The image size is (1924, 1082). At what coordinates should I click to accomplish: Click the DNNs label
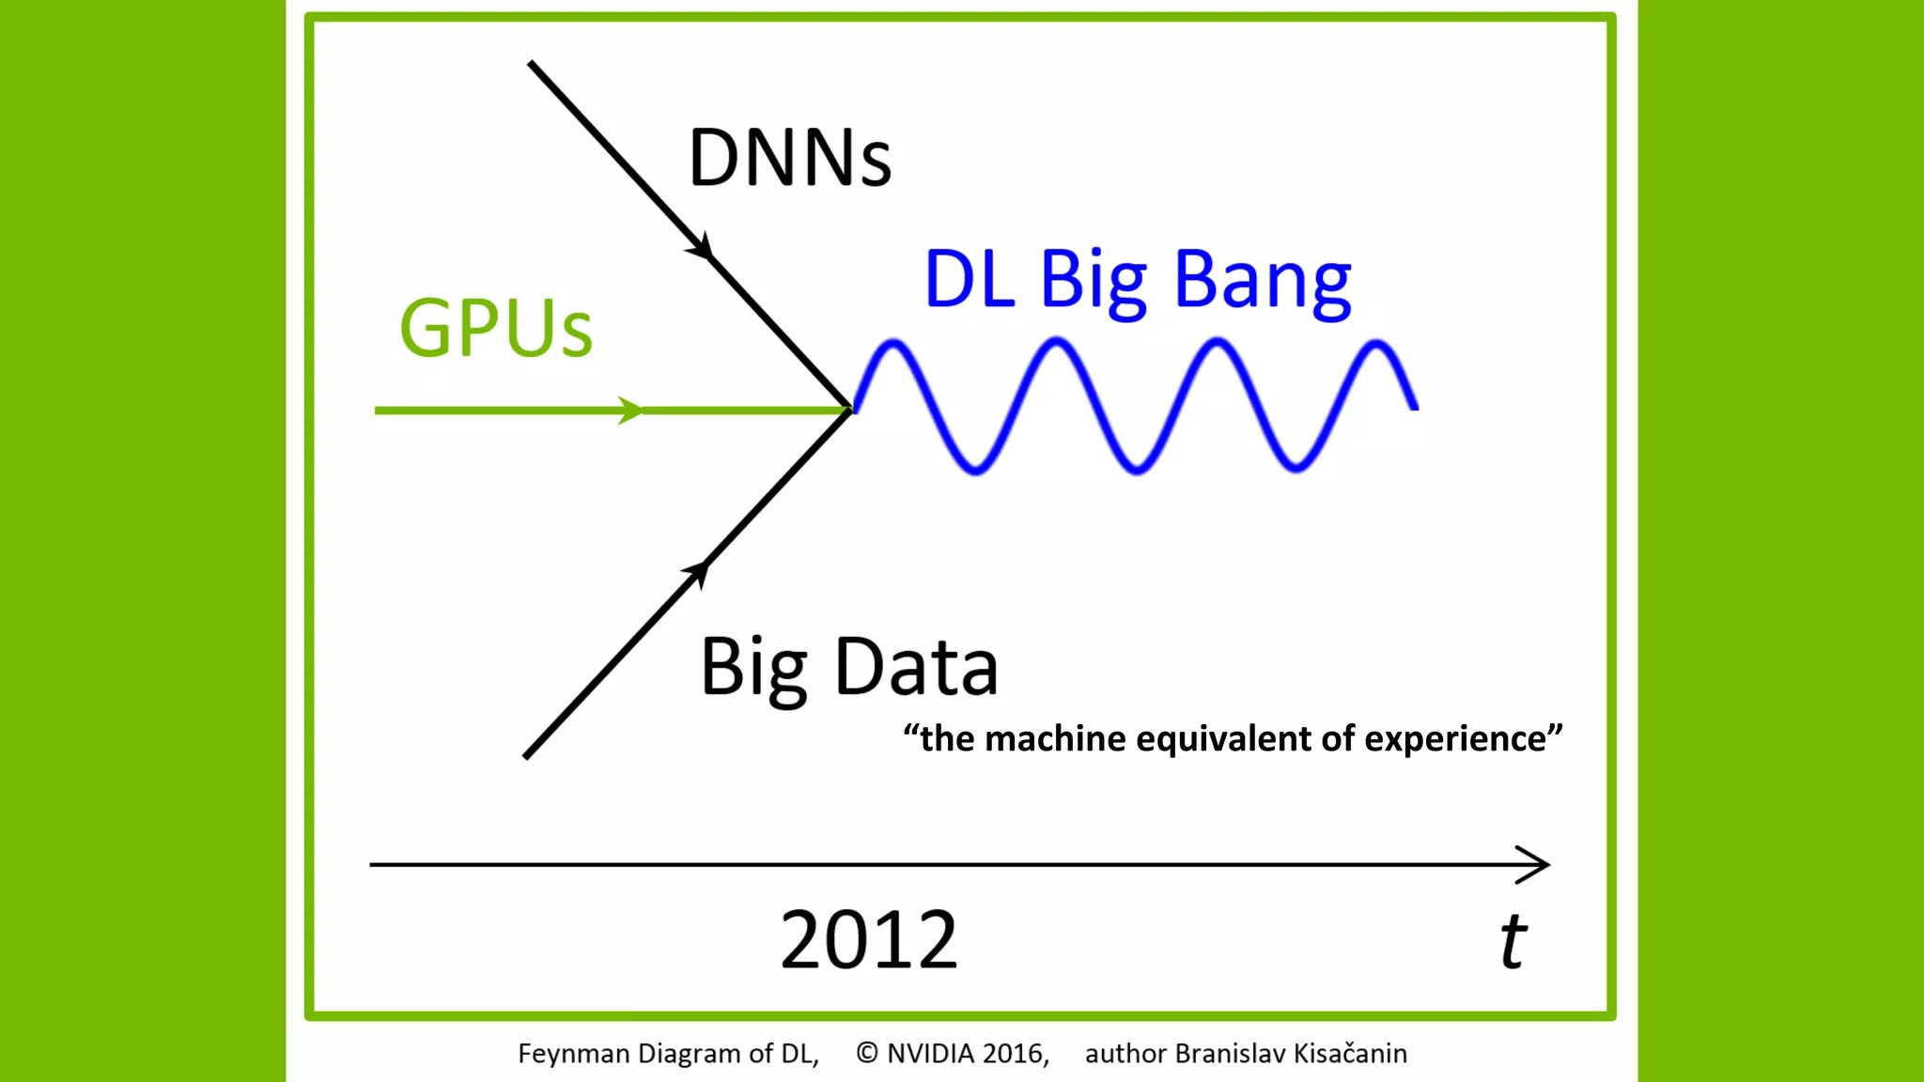tap(789, 158)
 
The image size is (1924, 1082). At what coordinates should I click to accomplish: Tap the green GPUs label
tap(496, 328)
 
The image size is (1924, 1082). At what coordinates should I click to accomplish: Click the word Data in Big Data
tap(916, 667)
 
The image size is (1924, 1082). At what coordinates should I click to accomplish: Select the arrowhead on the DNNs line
tap(701, 247)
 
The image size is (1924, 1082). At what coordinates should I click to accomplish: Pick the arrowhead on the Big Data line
tap(697, 570)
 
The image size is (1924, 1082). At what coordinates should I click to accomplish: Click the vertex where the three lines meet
tap(850, 410)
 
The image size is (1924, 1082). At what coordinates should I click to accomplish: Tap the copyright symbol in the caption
tap(867, 1054)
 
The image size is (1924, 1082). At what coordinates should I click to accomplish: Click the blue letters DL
tap(970, 280)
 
